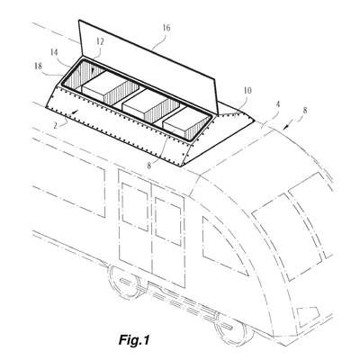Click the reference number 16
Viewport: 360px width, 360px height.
pyautogui.click(x=166, y=28)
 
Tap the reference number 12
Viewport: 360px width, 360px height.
pyautogui.click(x=100, y=41)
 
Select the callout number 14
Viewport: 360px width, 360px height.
pyautogui.click(x=54, y=52)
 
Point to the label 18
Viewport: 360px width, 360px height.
pyautogui.click(x=38, y=66)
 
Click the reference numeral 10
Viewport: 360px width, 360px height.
pyautogui.click(x=247, y=90)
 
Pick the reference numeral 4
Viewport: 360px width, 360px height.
pyautogui.click(x=278, y=104)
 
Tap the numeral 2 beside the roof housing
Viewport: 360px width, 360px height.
pyautogui.click(x=55, y=125)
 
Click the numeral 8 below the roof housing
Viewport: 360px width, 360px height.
pyautogui.click(x=149, y=166)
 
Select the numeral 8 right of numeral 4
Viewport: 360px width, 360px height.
pyautogui.click(x=305, y=110)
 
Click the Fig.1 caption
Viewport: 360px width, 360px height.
pyautogui.click(x=134, y=340)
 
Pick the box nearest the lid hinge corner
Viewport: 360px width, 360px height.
pyautogui.click(x=110, y=87)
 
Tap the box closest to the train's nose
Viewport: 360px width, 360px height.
pyautogui.click(x=186, y=124)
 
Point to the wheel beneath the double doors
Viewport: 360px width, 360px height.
pyautogui.click(x=124, y=281)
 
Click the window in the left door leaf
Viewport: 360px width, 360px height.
pyautogui.click(x=135, y=207)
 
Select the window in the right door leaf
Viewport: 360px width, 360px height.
pyautogui.click(x=169, y=222)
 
